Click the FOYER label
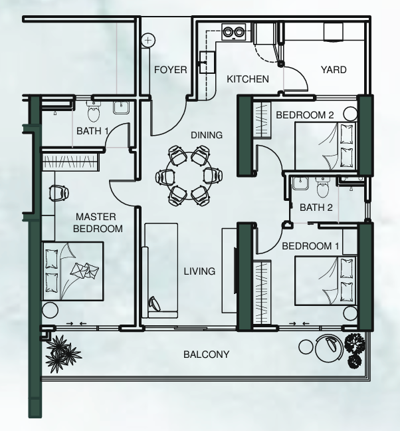tap(171, 70)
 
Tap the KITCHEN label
tap(248, 79)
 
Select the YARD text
tap(334, 70)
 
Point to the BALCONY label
tap(206, 355)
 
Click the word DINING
tap(207, 135)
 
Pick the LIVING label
tap(199, 271)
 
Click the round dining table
tap(189, 176)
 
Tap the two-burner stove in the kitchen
tap(234, 32)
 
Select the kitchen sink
tap(207, 62)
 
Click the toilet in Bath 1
tap(94, 112)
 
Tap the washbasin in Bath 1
tap(120, 108)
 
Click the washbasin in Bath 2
tap(300, 184)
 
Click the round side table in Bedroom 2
tap(350, 114)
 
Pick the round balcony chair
tap(329, 348)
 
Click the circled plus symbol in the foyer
tap(148, 41)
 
